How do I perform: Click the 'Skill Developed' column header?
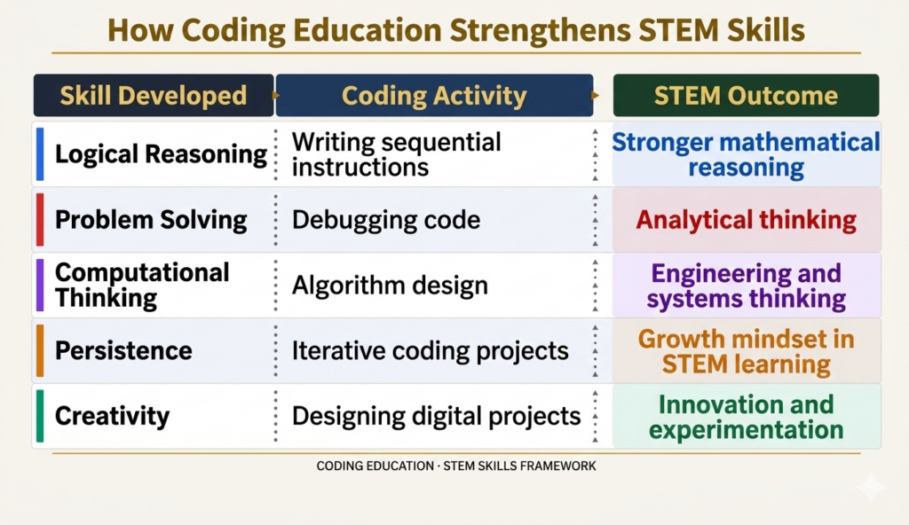coord(153,96)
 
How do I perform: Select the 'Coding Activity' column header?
coord(434,96)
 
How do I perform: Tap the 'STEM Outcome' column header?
coord(746,96)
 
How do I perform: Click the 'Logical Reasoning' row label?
coord(161,154)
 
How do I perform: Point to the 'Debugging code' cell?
coord(386,220)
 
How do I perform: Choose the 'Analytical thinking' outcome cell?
coord(746,220)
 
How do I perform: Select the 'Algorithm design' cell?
coord(390,286)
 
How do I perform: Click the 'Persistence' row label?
coord(123,350)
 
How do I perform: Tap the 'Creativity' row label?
coord(113,416)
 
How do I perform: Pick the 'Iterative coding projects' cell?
coord(431,351)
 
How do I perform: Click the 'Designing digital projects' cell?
coord(436,416)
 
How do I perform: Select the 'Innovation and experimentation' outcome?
coord(746,417)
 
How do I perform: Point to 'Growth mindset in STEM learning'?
coord(746,352)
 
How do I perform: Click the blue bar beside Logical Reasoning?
coord(40,154)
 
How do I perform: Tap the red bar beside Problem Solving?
coord(40,220)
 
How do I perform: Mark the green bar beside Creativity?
coord(40,416)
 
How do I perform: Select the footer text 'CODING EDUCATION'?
coord(375,466)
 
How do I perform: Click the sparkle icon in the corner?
coord(872,488)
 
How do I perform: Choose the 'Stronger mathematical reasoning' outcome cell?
coord(746,154)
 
